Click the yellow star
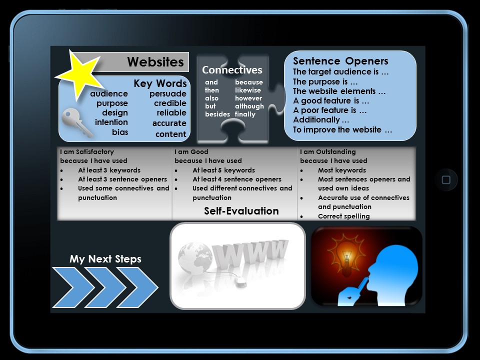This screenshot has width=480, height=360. click(x=79, y=74)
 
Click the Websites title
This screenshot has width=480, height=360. click(x=155, y=62)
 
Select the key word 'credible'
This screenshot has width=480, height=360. click(x=170, y=103)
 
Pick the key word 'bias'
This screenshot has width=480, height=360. click(x=120, y=132)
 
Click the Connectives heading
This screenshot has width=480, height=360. click(x=232, y=70)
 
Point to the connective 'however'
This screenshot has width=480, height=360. click(x=248, y=98)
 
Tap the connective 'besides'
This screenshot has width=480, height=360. click(x=217, y=114)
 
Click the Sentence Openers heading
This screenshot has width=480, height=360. click(x=340, y=61)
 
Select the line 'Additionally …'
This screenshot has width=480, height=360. click(x=321, y=119)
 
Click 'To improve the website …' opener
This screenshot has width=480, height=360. click(x=342, y=130)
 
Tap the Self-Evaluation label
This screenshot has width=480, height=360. click(x=241, y=211)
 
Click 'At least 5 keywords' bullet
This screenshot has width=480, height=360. click(x=224, y=170)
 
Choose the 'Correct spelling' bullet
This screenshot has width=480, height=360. click(x=344, y=216)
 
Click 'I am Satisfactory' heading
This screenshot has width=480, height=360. click(x=87, y=152)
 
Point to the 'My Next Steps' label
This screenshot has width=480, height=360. click(x=105, y=259)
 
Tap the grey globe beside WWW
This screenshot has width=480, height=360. click(x=195, y=258)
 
